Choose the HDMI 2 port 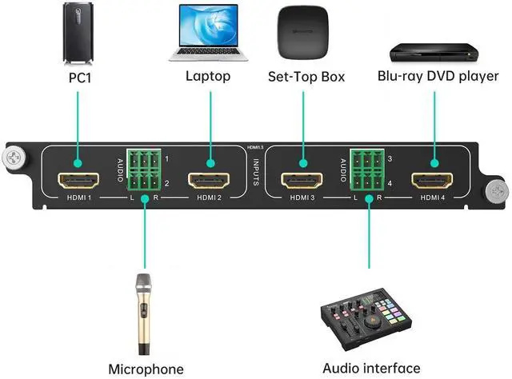(x=209, y=180)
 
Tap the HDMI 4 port (x=433, y=180)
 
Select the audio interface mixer (x=369, y=319)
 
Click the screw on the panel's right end (x=498, y=192)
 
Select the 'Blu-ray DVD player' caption (x=438, y=77)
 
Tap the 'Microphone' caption (x=146, y=369)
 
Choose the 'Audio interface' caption (x=370, y=368)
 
